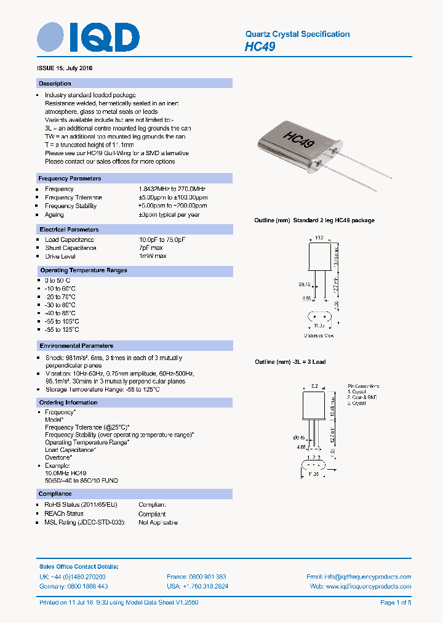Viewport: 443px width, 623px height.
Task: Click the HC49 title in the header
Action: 260,46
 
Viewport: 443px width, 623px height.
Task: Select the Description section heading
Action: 55,83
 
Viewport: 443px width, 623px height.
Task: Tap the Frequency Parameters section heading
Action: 70,179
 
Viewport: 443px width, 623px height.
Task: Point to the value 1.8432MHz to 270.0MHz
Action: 172,189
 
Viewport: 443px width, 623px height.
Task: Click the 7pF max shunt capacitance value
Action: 151,248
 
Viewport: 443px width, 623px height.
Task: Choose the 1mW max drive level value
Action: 153,256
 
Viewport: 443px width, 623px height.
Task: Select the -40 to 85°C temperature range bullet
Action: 60,313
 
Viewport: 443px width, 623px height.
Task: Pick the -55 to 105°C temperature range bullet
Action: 62,321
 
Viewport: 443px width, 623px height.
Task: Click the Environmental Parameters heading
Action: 76,346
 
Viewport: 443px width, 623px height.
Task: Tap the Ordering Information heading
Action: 68,403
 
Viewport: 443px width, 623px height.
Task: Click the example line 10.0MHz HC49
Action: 65,473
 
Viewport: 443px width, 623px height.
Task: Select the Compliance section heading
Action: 55,494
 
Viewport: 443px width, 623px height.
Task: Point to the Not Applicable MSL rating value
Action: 158,523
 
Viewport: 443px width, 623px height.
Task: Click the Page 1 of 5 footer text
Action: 396,603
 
